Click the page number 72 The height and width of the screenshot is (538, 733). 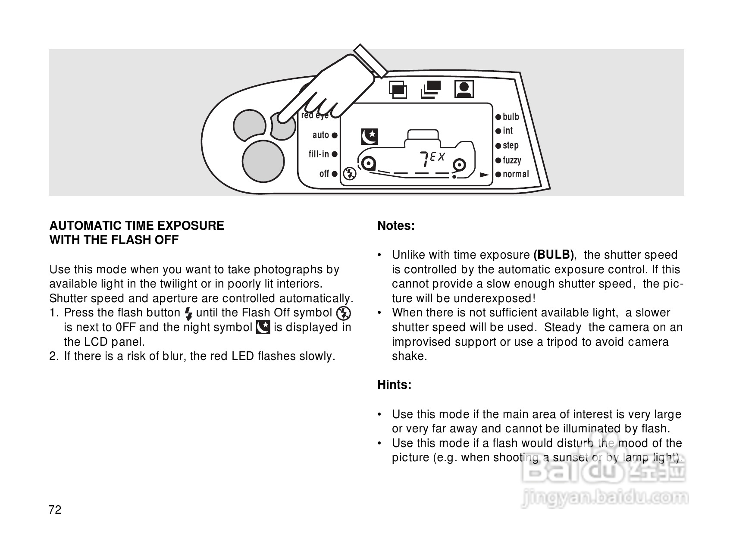click(56, 510)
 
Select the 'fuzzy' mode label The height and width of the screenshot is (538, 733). click(512, 160)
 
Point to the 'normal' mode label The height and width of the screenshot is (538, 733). click(515, 174)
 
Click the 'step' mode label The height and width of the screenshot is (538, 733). click(511, 146)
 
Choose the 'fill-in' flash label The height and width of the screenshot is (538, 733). click(319, 154)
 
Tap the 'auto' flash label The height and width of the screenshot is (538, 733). click(321, 135)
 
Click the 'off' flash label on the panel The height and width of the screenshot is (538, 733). click(324, 174)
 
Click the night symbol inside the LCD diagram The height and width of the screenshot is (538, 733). click(370, 136)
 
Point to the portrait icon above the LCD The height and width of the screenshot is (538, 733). click(464, 89)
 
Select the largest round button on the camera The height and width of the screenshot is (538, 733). click(263, 160)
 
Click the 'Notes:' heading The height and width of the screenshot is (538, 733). click(396, 226)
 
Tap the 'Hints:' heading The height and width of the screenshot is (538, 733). click(394, 385)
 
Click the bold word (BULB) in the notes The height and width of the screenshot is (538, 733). click(554, 255)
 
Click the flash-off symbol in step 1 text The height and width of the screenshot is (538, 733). click(344, 313)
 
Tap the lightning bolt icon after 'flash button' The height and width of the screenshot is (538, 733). click(188, 313)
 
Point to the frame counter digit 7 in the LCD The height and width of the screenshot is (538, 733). click(424, 160)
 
